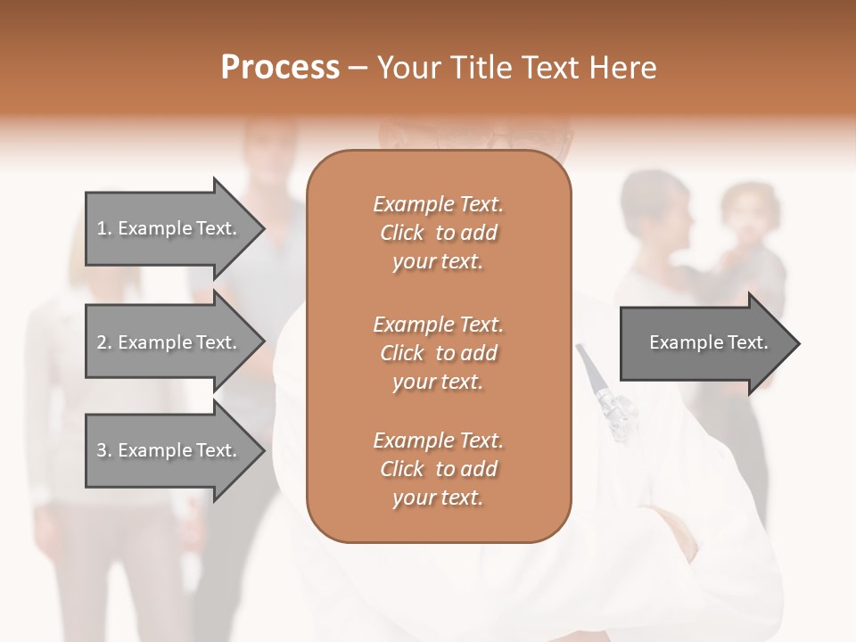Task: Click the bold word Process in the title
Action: pyautogui.click(x=280, y=68)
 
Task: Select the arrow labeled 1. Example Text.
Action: pyautogui.click(x=169, y=228)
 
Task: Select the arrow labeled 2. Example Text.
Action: pyautogui.click(x=169, y=342)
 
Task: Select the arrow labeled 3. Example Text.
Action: pyautogui.click(x=169, y=450)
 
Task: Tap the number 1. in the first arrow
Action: pyautogui.click(x=104, y=228)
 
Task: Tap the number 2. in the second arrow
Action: pyautogui.click(x=104, y=342)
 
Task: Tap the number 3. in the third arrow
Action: pyautogui.click(x=104, y=450)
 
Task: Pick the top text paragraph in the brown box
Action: pyautogui.click(x=438, y=233)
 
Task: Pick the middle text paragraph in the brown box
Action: pyautogui.click(x=438, y=353)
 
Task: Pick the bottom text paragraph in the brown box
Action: pyautogui.click(x=438, y=469)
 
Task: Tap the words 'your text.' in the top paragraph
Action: pyautogui.click(x=438, y=262)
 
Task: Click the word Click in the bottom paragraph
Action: pyautogui.click(x=402, y=469)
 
